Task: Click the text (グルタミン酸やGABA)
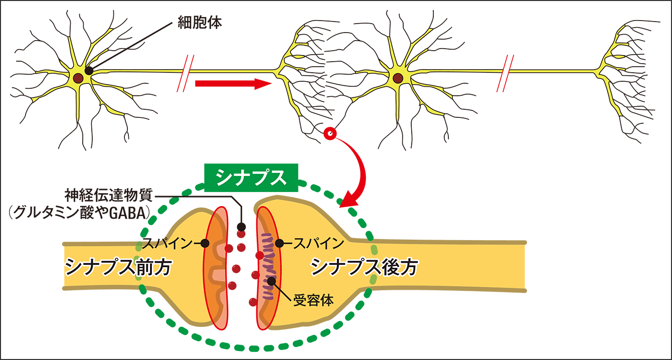[x=77, y=214]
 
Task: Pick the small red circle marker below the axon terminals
[x=330, y=133]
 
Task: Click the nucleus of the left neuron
[x=78, y=78]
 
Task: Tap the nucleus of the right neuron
[x=398, y=78]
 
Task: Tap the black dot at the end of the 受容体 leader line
[x=271, y=281]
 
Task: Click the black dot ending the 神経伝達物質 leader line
[x=241, y=226]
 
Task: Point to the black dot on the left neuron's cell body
[x=89, y=71]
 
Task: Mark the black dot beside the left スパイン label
[x=205, y=244]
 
